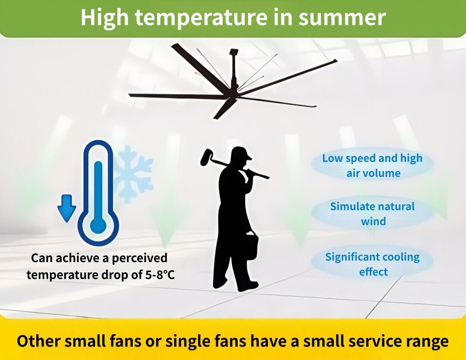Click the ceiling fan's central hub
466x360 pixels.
[233, 88]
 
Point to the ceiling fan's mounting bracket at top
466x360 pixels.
[234, 52]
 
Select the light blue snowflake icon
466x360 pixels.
[133, 174]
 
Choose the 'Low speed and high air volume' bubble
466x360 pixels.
[373, 166]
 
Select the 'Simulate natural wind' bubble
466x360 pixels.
[373, 213]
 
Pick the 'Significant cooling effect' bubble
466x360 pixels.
[373, 264]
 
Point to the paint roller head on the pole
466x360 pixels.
[206, 157]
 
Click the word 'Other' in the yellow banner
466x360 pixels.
[38, 341]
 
